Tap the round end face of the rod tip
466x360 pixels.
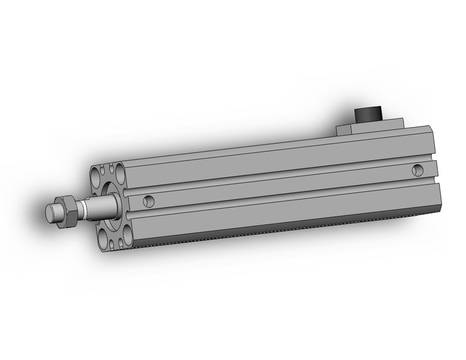click(x=51, y=213)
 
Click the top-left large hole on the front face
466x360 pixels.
click(x=96, y=177)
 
